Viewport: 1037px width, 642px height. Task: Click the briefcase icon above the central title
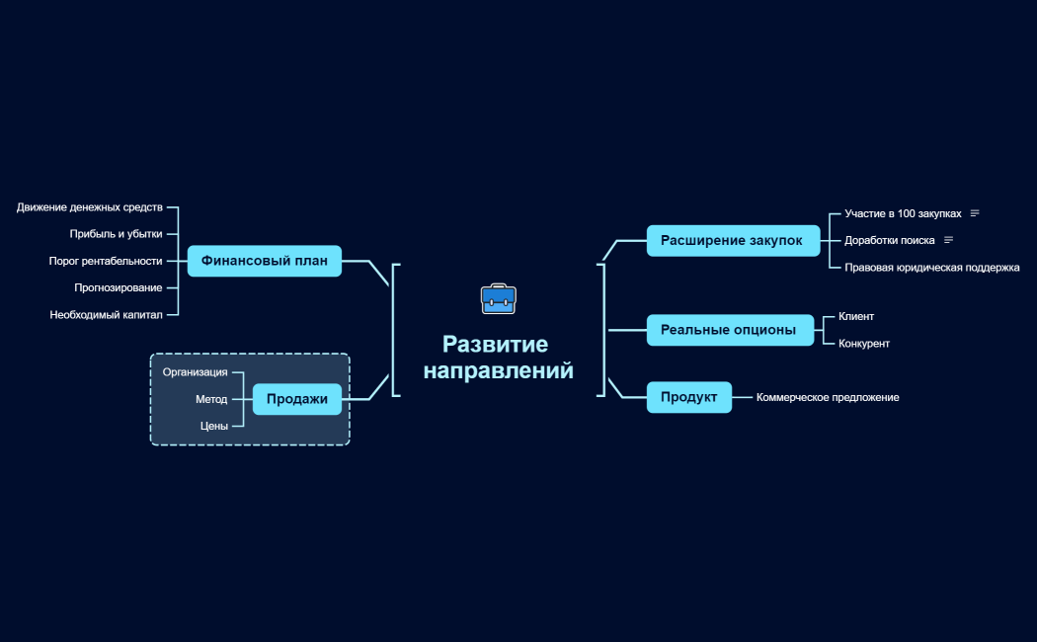(x=498, y=299)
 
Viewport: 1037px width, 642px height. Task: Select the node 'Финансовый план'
(x=265, y=261)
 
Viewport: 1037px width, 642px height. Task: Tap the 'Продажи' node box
(x=297, y=399)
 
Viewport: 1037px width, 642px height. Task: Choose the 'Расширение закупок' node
(x=733, y=240)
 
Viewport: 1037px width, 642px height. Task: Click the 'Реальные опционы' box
(x=730, y=329)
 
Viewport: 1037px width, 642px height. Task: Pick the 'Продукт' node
(x=689, y=397)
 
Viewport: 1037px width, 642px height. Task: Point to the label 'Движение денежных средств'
(x=89, y=207)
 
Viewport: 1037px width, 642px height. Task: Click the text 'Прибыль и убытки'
(x=116, y=233)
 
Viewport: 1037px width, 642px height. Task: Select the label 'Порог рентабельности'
(x=105, y=261)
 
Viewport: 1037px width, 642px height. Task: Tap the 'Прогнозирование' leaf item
(x=118, y=287)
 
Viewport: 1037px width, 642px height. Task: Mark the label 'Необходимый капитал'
(x=106, y=315)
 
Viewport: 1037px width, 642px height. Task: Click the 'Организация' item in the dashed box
(x=196, y=372)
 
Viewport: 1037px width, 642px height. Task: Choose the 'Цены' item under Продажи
(x=214, y=426)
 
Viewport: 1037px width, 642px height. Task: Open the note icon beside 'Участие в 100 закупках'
(x=975, y=213)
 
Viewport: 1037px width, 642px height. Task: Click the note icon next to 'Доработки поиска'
(x=948, y=240)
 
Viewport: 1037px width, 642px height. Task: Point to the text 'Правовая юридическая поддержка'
(x=932, y=267)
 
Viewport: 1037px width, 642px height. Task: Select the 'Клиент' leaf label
(x=856, y=316)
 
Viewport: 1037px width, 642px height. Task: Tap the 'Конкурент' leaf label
(x=864, y=343)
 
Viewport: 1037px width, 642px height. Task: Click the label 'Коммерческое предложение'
(x=828, y=397)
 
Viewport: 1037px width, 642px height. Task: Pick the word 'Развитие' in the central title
(x=496, y=344)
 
